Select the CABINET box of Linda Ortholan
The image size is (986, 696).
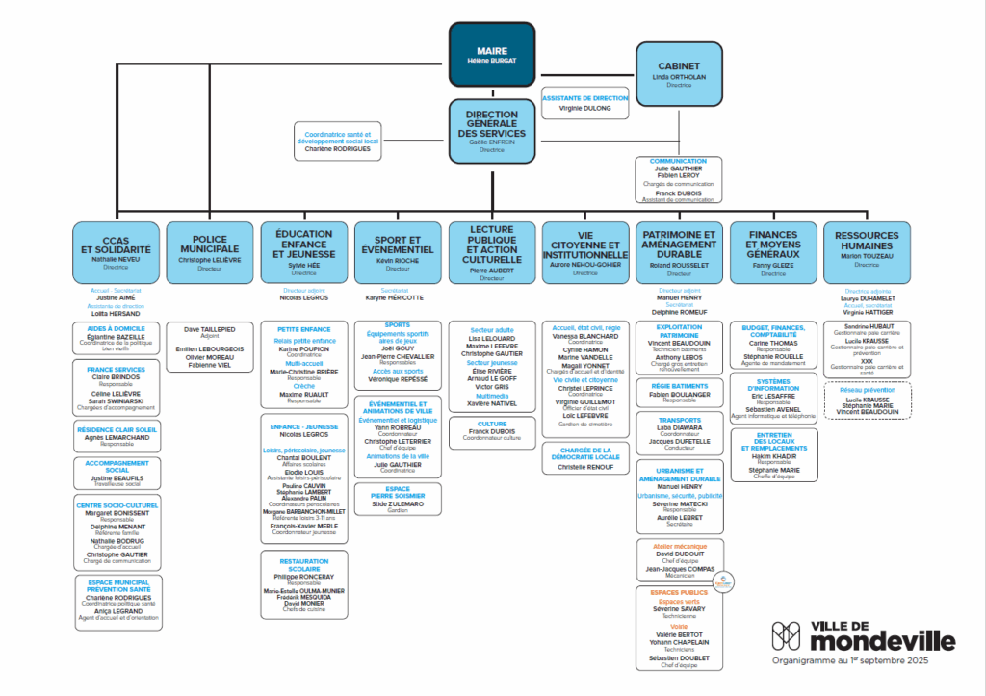click(x=679, y=73)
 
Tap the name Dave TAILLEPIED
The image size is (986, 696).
click(x=209, y=329)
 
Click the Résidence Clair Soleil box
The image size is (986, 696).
click(x=117, y=436)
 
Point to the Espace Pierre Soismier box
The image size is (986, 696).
click(x=397, y=499)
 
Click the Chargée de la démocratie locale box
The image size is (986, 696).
click(x=586, y=459)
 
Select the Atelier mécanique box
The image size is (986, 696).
click(x=680, y=559)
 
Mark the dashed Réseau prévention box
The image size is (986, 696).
click(x=866, y=400)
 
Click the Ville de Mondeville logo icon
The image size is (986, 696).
click(x=787, y=636)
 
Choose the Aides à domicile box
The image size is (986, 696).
click(x=117, y=338)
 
